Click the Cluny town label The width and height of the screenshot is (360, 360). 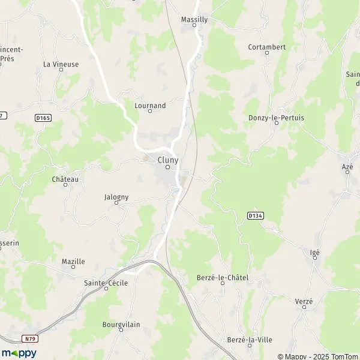[x=167, y=160]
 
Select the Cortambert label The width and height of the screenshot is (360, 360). [x=267, y=47]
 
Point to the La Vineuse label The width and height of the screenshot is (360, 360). [x=61, y=64]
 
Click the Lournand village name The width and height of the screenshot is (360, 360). [x=150, y=106]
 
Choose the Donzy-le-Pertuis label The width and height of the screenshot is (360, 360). [x=276, y=118]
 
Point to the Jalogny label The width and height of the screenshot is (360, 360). [x=116, y=196]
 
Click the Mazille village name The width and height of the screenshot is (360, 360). [x=73, y=262]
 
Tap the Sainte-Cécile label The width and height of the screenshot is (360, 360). [x=106, y=283]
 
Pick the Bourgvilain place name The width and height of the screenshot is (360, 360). [x=121, y=325]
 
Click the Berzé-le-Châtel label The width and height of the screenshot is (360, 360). [x=223, y=278]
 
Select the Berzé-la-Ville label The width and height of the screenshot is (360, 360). [x=250, y=340]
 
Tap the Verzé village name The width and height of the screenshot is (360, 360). [x=304, y=301]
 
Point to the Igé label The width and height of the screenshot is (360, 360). [x=315, y=253]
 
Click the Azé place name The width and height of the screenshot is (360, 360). [x=347, y=166]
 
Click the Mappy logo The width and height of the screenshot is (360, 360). [x=19, y=353]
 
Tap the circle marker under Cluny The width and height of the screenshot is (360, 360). [x=167, y=167]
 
